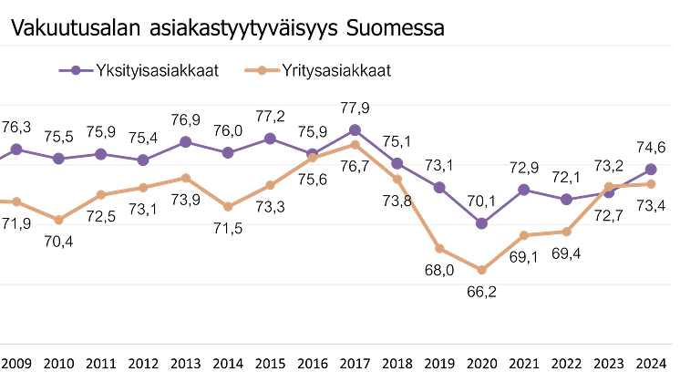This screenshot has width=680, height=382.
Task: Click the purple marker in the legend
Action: (77, 69)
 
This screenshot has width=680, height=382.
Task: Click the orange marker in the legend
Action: (262, 70)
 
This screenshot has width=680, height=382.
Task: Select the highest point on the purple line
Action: (355, 129)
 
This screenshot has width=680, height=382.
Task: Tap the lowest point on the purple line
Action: (482, 222)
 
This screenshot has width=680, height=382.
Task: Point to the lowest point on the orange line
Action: (482, 270)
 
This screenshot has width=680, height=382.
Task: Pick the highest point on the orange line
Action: (355, 143)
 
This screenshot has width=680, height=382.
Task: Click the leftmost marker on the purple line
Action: (15, 148)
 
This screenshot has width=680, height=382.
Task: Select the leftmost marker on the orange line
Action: (15, 201)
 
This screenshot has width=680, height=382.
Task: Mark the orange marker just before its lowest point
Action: (440, 249)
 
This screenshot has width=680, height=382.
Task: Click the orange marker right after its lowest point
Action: (524, 235)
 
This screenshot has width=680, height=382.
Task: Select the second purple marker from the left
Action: (58, 157)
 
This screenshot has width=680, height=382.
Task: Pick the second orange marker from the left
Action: (58, 219)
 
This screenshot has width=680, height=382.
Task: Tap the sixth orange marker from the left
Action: (228, 207)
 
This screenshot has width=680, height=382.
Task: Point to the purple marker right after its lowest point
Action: (524, 189)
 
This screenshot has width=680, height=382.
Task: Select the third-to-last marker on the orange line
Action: (567, 232)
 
